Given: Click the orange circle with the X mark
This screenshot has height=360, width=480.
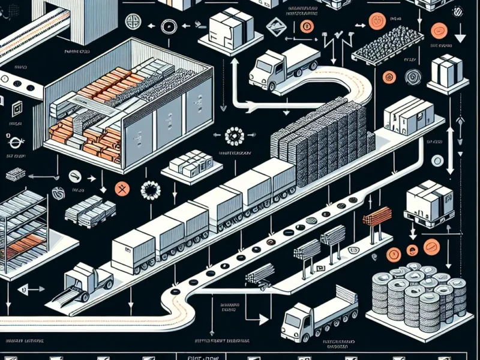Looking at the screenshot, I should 122,187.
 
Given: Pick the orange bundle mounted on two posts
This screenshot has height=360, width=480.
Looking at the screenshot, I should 376,216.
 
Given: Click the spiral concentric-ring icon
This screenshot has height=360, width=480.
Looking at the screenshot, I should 412,76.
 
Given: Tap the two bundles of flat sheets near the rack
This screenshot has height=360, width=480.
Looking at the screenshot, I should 90,209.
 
